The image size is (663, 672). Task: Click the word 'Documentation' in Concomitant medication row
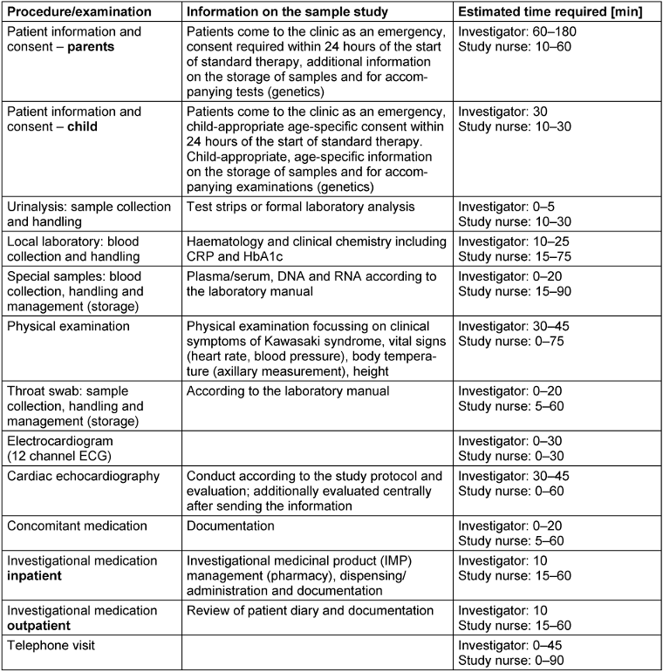click(230, 526)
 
